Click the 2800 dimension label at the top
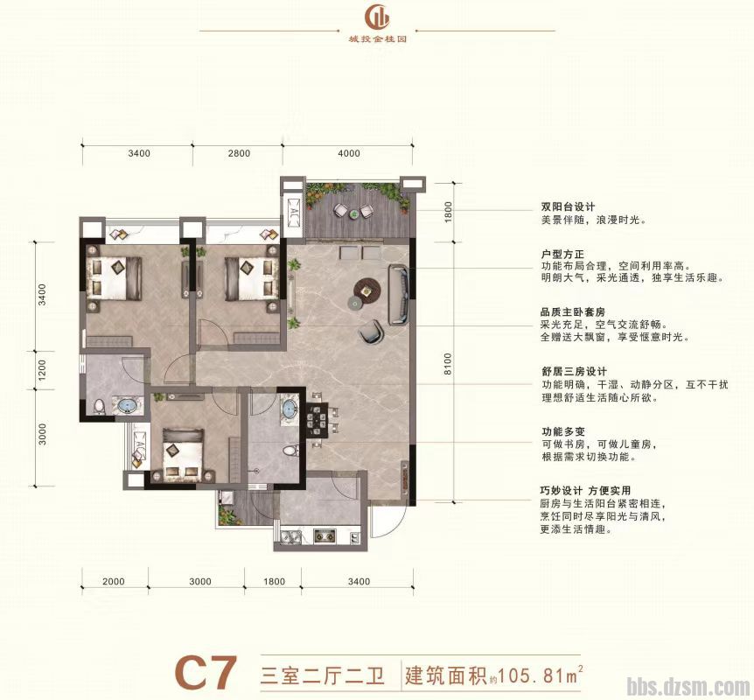pos(239,153)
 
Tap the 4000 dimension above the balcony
pos(348,153)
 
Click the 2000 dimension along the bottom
pos(115,581)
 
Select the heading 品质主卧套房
pos(575,310)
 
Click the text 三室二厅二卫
pos(322,675)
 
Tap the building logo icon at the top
pos(378,17)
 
